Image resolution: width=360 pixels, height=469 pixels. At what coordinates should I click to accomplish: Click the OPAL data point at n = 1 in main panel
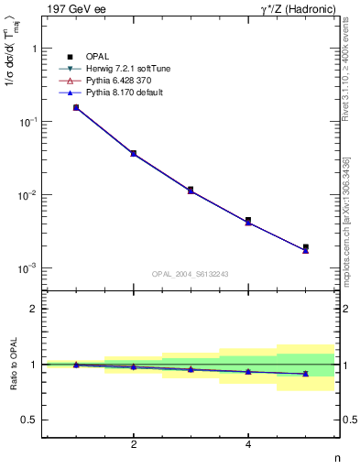click(76, 107)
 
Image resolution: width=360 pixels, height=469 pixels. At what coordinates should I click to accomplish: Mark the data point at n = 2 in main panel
click(134, 153)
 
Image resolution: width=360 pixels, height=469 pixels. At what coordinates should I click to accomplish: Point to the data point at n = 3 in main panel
click(191, 190)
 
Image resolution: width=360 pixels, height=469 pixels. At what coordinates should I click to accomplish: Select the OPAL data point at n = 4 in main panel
click(248, 221)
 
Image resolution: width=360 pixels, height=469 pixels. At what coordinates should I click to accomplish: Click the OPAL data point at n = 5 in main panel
click(306, 247)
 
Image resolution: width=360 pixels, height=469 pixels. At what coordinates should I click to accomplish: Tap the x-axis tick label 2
click(134, 445)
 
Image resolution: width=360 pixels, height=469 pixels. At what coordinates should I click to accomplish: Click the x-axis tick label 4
click(248, 445)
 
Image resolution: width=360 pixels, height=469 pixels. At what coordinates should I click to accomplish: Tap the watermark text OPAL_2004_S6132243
click(190, 274)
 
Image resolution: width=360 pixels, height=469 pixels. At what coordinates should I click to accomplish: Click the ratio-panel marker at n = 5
click(306, 374)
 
